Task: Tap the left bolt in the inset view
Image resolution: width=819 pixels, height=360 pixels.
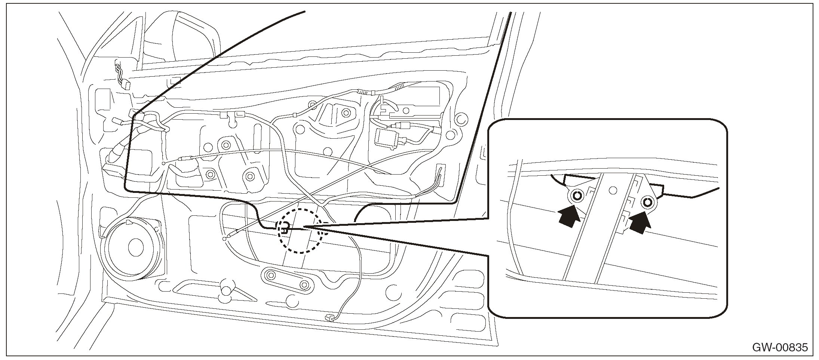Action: pyautogui.click(x=577, y=195)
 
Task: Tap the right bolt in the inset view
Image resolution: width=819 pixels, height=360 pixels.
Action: pyautogui.click(x=647, y=203)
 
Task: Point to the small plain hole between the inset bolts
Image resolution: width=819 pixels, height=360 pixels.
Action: pyautogui.click(x=612, y=190)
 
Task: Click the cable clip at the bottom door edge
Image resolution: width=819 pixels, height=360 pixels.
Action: pyautogui.click(x=329, y=317)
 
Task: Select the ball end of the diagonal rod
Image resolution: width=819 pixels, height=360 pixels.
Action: pyautogui.click(x=224, y=238)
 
